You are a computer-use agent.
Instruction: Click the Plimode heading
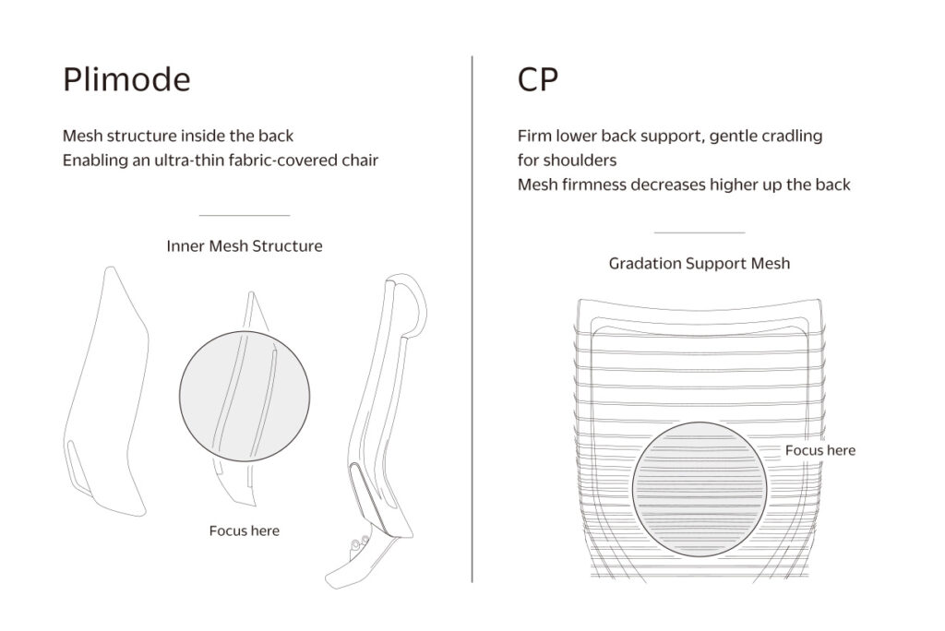click(x=126, y=79)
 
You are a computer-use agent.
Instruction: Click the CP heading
click(x=538, y=79)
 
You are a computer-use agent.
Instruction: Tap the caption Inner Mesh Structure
click(x=244, y=246)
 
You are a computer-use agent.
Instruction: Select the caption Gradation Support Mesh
click(x=700, y=263)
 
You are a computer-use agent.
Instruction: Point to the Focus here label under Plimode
click(x=244, y=531)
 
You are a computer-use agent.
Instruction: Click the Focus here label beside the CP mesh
click(x=820, y=450)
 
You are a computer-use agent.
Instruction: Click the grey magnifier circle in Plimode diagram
click(x=245, y=396)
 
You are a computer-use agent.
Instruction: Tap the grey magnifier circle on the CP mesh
click(x=700, y=489)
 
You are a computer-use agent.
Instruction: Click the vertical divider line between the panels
click(x=472, y=319)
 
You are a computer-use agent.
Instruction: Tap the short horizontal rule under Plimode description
click(x=244, y=215)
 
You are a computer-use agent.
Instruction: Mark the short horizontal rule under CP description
click(x=700, y=232)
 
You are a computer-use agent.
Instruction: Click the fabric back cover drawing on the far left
click(x=105, y=392)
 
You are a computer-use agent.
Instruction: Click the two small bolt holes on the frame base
click(x=360, y=542)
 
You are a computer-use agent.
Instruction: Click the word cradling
click(x=792, y=137)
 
